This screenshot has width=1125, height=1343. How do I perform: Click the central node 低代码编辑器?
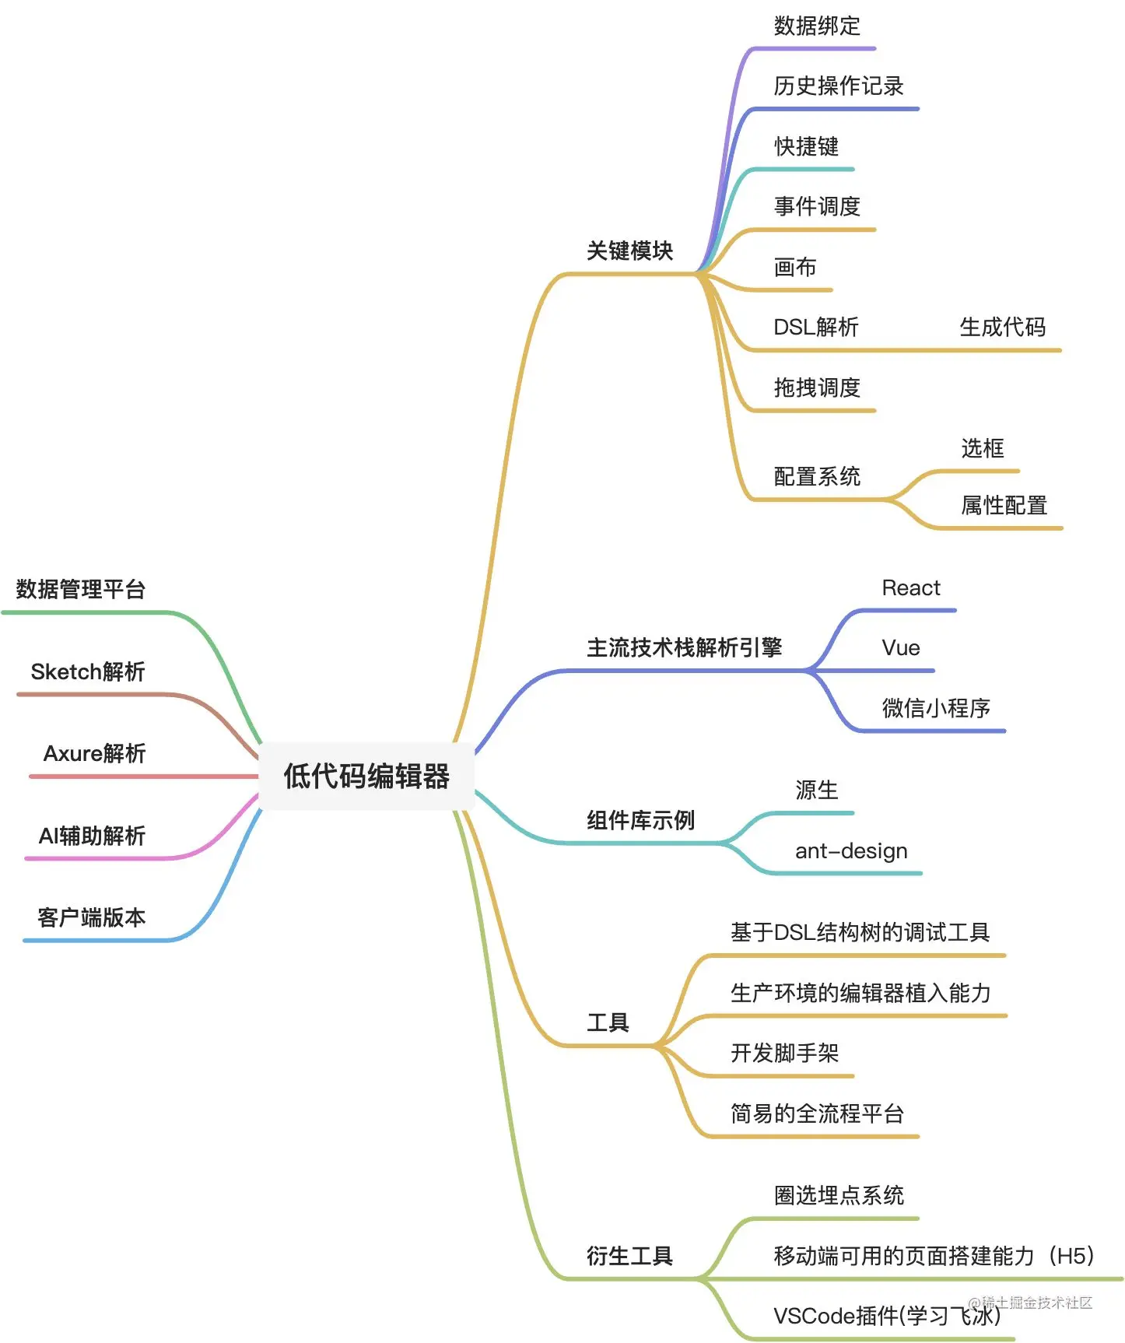coord(366,776)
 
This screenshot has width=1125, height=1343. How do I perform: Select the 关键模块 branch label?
coord(629,251)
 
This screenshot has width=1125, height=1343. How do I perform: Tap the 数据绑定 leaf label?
coord(817,26)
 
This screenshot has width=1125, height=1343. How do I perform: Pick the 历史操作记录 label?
coord(839,86)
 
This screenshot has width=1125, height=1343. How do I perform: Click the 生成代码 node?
coord(1002,327)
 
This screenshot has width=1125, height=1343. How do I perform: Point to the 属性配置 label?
coord(1004,506)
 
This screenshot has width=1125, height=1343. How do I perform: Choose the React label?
coord(911,587)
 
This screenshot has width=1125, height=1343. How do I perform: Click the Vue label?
coord(901,648)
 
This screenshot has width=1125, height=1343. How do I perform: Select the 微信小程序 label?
coord(936,708)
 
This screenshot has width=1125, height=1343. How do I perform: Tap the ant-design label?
coord(851,850)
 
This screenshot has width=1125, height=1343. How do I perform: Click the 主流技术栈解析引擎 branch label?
coord(684,647)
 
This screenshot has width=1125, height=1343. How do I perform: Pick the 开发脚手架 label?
coord(784,1053)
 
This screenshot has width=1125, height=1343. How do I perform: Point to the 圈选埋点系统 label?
coord(839,1195)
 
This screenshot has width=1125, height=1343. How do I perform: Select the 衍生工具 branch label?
coord(629,1256)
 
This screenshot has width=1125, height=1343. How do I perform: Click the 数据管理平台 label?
coord(81,589)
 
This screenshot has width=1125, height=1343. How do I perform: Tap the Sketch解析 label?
coord(88,671)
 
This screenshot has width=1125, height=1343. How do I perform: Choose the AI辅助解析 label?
coord(92,836)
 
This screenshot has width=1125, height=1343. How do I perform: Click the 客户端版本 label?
coord(92,917)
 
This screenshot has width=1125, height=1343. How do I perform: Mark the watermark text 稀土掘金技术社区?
coord(1036,1303)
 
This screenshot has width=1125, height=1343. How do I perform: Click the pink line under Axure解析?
coord(140,777)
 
